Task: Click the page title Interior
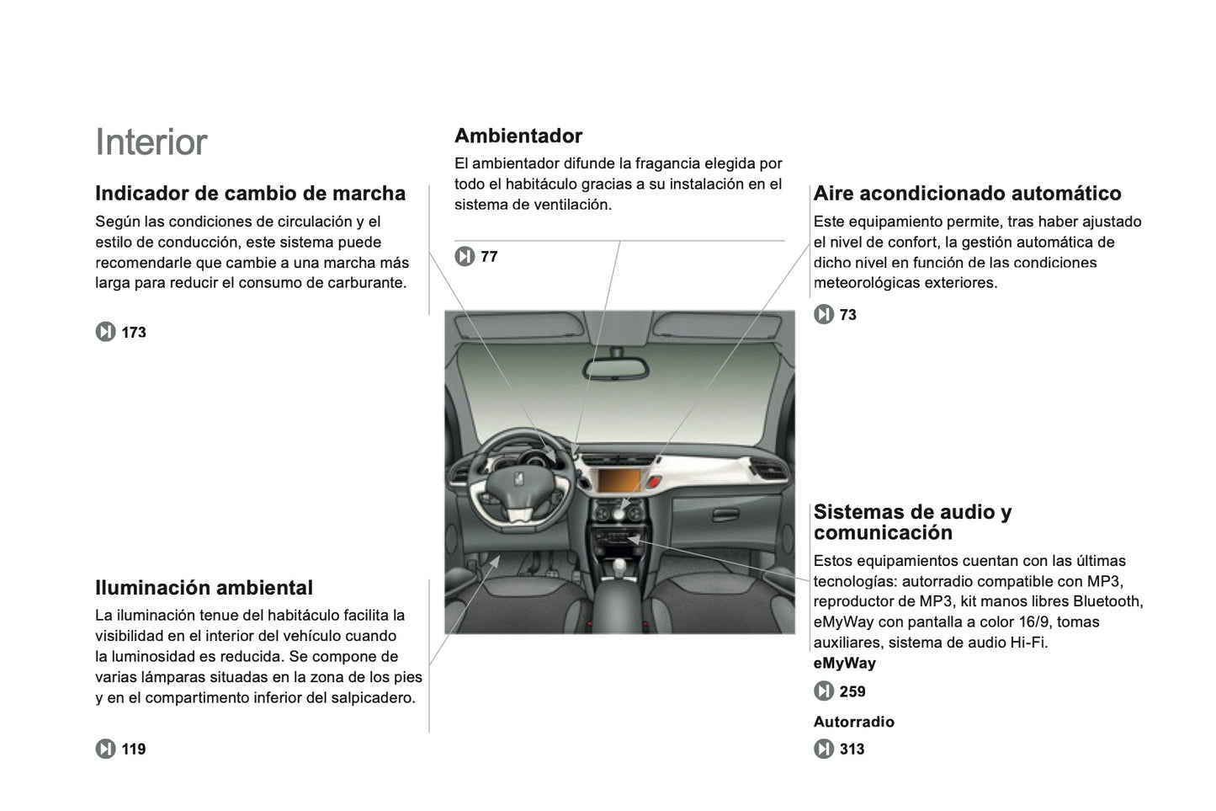(x=151, y=142)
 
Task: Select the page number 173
(x=134, y=333)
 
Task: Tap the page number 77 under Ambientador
(x=489, y=257)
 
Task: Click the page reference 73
(x=847, y=315)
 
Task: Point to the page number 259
(x=852, y=691)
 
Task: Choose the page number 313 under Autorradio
(x=852, y=750)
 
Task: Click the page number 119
(x=133, y=750)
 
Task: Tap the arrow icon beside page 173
(x=105, y=333)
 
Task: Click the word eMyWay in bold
(x=844, y=664)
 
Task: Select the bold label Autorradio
(x=853, y=722)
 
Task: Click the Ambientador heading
(x=518, y=136)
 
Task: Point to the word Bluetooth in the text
(x=1107, y=601)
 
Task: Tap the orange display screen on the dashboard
(x=620, y=483)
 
